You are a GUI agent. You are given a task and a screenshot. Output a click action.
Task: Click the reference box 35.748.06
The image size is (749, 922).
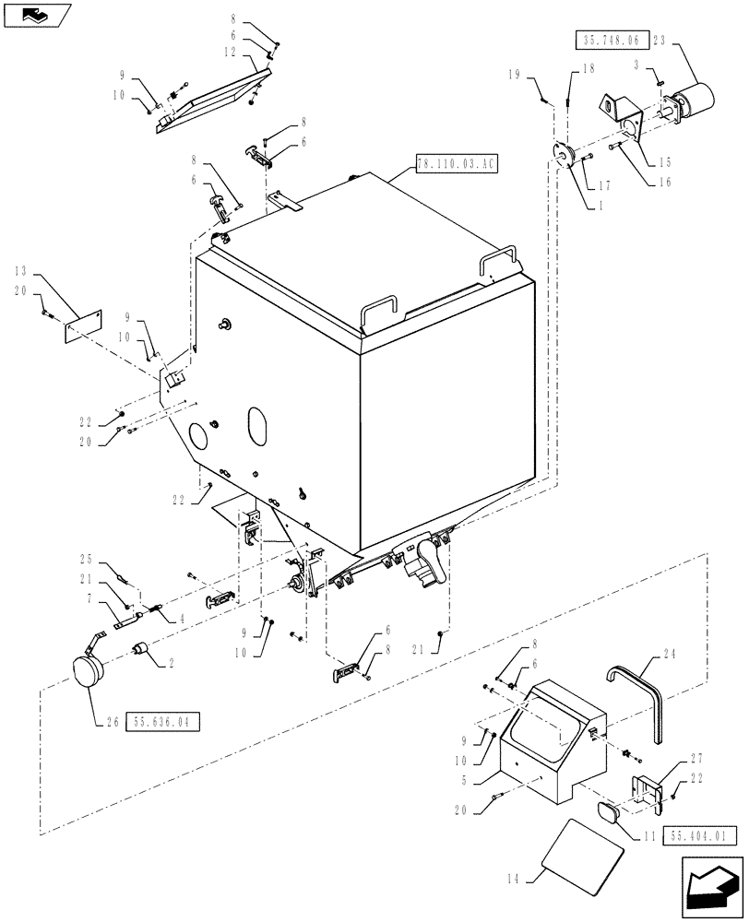[613, 40]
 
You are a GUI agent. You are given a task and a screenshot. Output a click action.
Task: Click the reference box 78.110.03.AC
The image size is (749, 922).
[457, 163]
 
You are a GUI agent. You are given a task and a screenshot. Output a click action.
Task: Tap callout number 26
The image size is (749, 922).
[111, 722]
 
